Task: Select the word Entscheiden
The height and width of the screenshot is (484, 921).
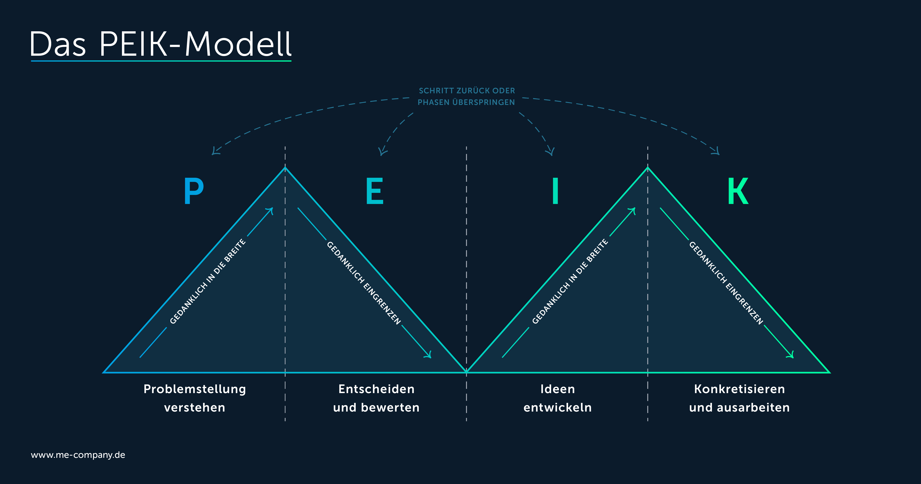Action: click(x=377, y=389)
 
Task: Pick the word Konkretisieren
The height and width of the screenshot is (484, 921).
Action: click(x=739, y=389)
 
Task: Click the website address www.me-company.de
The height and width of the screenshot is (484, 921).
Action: click(x=78, y=455)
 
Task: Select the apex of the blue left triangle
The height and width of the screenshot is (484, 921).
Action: click(x=285, y=167)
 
